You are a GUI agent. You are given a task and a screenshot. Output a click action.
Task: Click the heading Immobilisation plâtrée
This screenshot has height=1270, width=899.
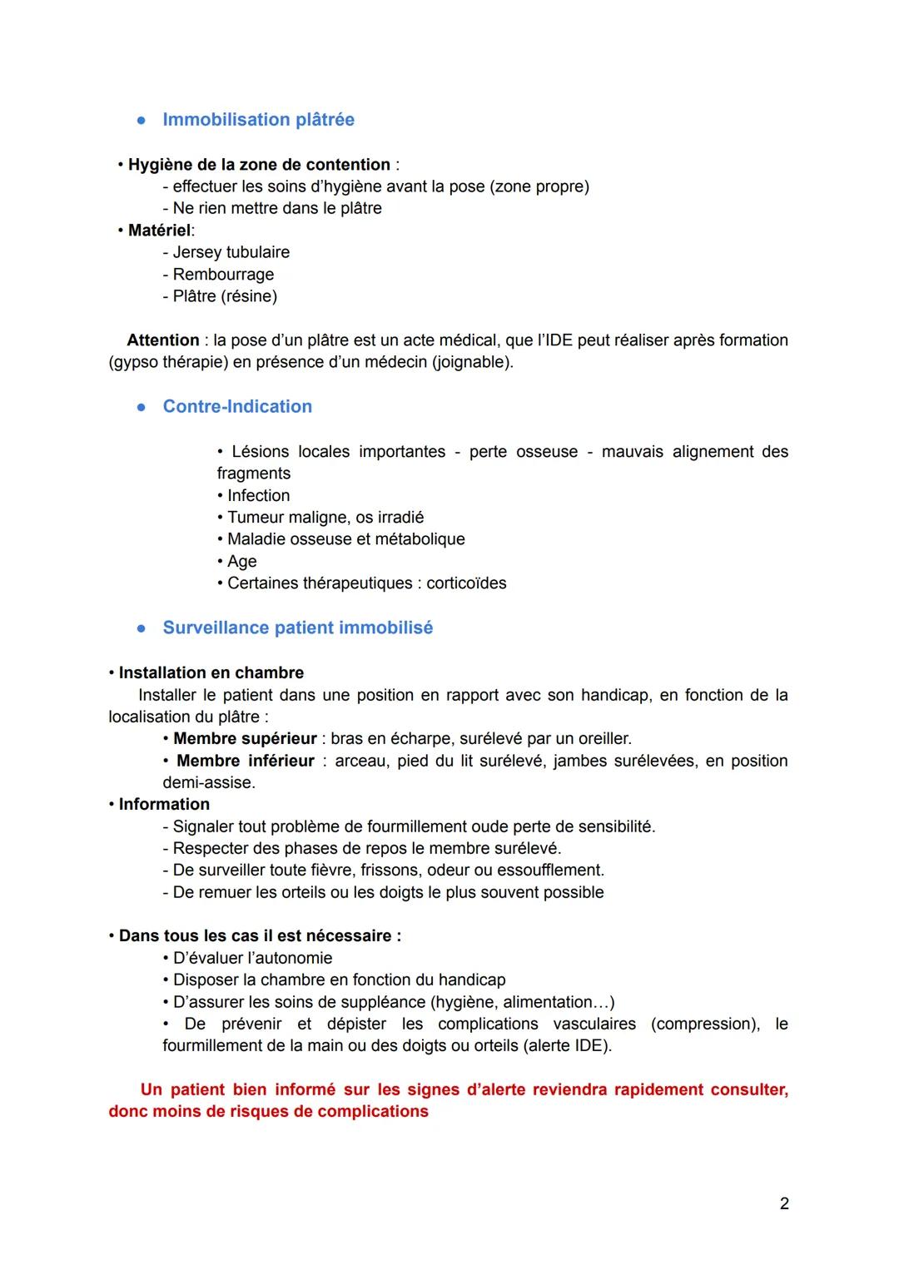pos(258,120)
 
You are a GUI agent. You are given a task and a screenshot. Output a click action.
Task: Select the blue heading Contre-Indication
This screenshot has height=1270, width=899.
pos(237,407)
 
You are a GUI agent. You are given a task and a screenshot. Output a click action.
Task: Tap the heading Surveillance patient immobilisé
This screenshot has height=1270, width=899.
pos(297,628)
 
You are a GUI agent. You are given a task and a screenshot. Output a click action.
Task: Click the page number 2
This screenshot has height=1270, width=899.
pos(783,1203)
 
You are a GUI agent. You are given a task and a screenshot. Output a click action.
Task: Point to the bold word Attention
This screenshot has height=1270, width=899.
pos(162,340)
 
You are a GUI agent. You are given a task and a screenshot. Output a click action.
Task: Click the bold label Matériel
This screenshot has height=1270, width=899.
pos(159,231)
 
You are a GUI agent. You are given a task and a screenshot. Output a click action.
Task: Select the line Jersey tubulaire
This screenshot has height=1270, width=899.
pos(226,252)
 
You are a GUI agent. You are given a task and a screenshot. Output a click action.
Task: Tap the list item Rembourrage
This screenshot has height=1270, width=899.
pos(218,275)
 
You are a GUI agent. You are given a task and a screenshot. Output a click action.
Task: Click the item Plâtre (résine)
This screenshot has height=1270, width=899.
pos(220,296)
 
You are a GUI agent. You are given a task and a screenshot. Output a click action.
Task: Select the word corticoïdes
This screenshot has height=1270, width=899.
pos(466,583)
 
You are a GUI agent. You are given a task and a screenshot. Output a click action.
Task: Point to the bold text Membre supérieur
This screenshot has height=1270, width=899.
pos(245,739)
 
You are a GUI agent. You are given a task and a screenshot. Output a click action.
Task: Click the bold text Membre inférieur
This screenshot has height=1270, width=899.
pos(246,761)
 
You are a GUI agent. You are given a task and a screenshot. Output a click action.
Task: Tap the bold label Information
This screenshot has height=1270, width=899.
pos(164,805)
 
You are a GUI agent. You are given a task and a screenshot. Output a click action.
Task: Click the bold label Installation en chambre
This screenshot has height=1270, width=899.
pos(211,673)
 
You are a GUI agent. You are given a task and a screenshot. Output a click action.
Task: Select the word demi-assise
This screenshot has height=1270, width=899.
pos(208,783)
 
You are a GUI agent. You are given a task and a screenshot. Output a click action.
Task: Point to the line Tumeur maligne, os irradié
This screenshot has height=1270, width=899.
pos(325,518)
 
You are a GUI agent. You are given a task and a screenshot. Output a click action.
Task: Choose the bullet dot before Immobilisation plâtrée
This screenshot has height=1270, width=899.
pos(142,121)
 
